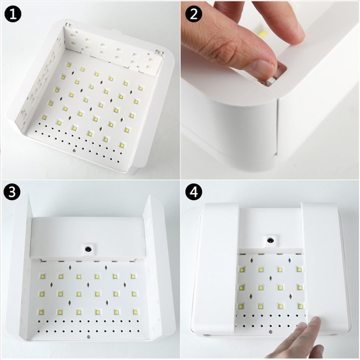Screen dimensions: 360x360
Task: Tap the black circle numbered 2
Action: [x=194, y=14]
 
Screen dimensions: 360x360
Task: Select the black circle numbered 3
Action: [x=13, y=193]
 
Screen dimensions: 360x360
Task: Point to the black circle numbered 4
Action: [x=193, y=193]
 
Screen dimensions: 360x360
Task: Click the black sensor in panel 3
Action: [x=89, y=248]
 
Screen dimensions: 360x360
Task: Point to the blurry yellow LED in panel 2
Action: [x=262, y=32]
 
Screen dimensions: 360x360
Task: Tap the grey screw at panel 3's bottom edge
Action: [x=88, y=336]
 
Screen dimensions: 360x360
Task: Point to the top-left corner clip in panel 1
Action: [x=68, y=26]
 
